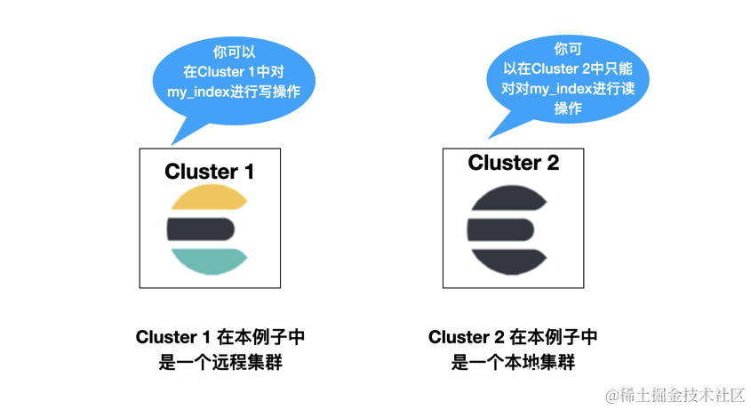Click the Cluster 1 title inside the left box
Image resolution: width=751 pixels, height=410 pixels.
[210, 172]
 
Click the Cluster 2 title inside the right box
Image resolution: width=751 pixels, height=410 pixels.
[513, 163]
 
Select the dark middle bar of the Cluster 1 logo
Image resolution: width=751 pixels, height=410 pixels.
[201, 229]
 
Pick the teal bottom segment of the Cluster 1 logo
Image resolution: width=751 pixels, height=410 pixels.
[210, 260]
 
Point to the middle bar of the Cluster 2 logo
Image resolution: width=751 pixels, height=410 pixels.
[500, 229]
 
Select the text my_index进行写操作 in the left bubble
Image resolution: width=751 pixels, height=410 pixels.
[234, 92]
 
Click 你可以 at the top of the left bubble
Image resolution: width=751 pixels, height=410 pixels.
[234, 52]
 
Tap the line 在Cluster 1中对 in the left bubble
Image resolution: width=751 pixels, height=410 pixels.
[234, 72]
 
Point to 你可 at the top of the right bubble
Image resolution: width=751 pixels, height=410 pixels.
[568, 48]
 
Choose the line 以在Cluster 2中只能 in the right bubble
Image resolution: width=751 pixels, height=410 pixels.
[568, 68]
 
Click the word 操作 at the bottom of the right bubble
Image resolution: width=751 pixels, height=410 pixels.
[568, 108]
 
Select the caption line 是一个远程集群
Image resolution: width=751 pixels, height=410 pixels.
[220, 362]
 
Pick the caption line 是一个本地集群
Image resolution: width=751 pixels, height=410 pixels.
[513, 362]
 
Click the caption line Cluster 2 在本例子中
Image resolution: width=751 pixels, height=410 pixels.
[513, 337]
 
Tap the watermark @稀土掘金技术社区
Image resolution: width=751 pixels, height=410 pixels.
[675, 395]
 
